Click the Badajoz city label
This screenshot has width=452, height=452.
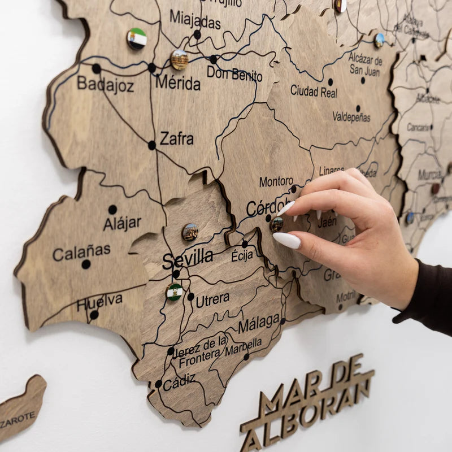pos(106,85)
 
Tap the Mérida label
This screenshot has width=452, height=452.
pos(178,84)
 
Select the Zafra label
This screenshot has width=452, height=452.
pos(177,138)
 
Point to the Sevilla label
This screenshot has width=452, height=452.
pos(188,259)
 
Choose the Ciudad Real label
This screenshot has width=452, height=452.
pos(314,90)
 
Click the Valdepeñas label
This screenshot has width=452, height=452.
pos(351,117)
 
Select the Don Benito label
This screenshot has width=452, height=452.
pos(234,73)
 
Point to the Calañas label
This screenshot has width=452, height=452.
pos(81,252)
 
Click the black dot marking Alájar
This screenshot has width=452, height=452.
pos(112,210)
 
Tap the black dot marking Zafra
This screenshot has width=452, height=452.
pos(152,145)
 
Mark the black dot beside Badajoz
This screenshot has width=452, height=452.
pos(97,68)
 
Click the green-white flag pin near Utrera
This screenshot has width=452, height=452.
pos(175,292)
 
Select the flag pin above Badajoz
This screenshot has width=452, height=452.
pos(137,38)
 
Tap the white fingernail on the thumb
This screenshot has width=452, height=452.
pos(287,240)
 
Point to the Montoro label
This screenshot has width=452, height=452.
pos(276,182)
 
